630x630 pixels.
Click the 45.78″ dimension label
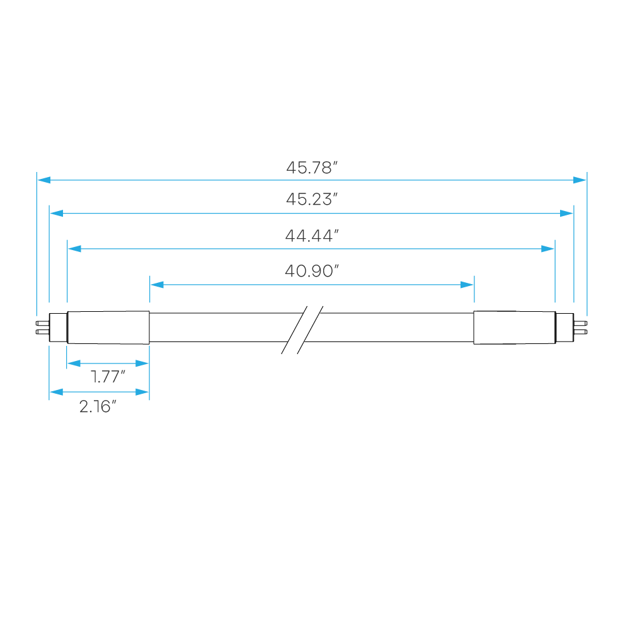tap(312, 168)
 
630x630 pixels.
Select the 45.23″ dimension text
tap(312, 199)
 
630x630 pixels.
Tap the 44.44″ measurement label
tap(312, 236)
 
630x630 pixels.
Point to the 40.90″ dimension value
tap(312, 271)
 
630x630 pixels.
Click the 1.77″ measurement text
tap(108, 377)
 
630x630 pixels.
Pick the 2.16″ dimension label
tap(98, 406)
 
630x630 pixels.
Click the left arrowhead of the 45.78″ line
tap(44, 180)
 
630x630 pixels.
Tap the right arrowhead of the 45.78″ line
tap(580, 180)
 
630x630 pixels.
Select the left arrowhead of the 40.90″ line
tap(157, 285)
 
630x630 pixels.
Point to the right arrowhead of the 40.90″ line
tap(467, 285)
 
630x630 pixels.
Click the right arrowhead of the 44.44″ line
tap(547, 249)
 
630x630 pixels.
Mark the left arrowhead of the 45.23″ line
tap(57, 214)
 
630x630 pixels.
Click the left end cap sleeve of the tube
tap(108, 328)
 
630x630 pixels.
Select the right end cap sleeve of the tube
tap(515, 328)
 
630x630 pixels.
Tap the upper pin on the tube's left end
tap(42, 323)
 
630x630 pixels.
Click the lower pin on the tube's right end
tap(581, 332)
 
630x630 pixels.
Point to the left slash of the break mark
tap(294, 330)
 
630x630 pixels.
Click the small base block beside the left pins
tap(58, 328)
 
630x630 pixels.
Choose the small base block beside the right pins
tap(565, 328)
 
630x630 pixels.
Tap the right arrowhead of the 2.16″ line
tap(142, 392)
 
